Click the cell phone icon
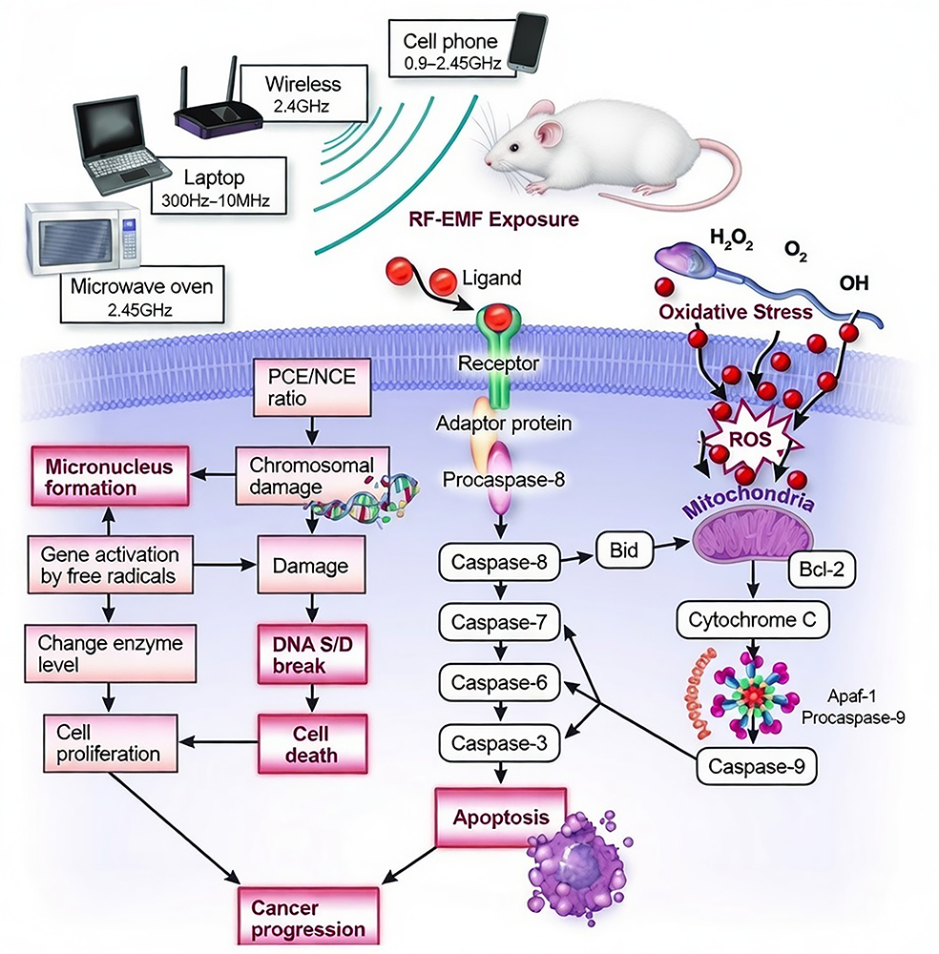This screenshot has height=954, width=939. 526,43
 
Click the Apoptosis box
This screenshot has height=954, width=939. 500,817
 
